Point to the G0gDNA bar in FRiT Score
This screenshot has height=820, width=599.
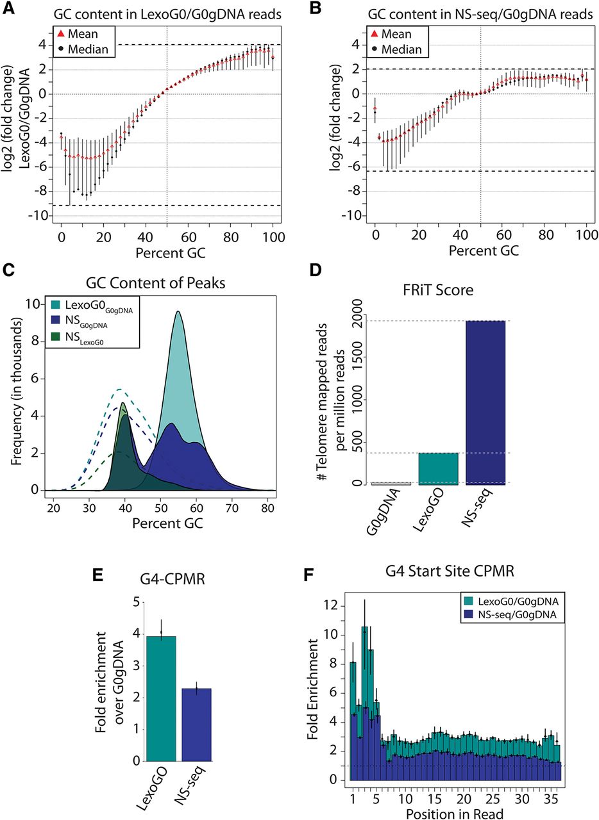point(391,483)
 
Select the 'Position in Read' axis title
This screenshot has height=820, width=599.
point(454,813)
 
